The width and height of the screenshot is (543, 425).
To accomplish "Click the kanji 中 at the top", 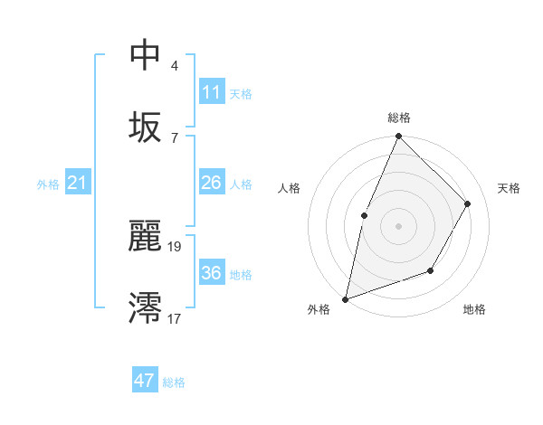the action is coord(146,55).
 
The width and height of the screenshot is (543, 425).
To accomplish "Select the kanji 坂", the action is coord(146,126).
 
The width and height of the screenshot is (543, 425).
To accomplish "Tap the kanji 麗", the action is coord(146,237).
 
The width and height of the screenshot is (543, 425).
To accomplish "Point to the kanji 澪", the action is coord(146,307).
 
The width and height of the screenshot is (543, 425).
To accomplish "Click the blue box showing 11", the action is coord(212,91).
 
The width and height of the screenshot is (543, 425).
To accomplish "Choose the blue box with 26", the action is coord(212,183).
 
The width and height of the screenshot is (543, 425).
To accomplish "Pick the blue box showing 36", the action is coord(212,272).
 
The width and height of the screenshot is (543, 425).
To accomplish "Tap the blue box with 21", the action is coord(78,184).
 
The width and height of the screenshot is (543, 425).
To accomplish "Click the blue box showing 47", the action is coord(145,381).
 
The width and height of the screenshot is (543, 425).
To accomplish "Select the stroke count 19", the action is coord(175,245).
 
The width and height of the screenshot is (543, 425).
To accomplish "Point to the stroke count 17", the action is coord(175,318).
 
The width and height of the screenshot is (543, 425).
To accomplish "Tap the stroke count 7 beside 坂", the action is coord(175,137).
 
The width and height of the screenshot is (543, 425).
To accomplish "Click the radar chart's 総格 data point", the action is coord(398,137).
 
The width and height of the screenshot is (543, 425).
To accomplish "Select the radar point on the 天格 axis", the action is coord(468,203).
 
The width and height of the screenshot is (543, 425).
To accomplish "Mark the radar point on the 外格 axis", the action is coord(345,298).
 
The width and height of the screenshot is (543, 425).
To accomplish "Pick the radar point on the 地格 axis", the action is coord(431,270).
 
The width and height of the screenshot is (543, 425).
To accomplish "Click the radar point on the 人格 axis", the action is coord(364,215).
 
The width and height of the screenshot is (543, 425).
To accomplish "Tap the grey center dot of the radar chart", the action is coord(398,226).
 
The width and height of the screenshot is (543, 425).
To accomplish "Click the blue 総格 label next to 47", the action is coord(174,382).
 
